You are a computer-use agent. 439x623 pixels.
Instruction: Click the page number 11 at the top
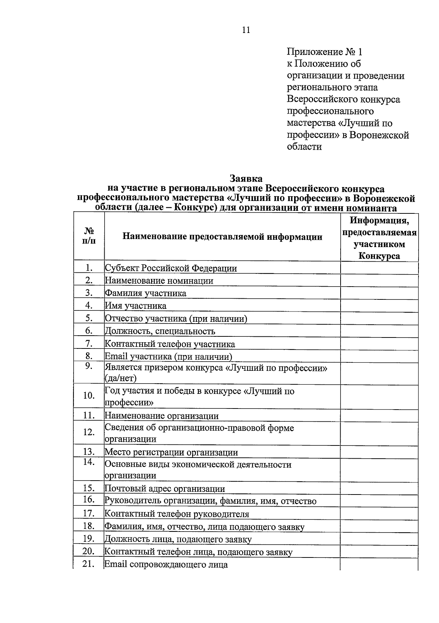pos(246,30)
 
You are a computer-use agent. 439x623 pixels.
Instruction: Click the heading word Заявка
pos(246,179)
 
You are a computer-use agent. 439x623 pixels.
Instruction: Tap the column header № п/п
pos(89,236)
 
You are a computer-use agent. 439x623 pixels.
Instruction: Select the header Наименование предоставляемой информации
pos(222,237)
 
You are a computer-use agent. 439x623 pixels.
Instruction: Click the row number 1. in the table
pos(89,268)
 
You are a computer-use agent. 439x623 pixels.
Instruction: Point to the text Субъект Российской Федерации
pos(171,268)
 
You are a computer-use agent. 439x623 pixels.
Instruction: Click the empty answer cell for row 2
pos(379,281)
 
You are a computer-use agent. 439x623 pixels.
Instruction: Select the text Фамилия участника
pos(146,293)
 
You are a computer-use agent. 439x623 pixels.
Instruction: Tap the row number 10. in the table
pos(89,396)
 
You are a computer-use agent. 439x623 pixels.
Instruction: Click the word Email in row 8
pos(116,356)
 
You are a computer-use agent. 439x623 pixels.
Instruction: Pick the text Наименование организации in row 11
pos(162,416)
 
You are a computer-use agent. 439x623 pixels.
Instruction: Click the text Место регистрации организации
pos(171,452)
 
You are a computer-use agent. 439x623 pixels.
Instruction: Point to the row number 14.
pos(89,462)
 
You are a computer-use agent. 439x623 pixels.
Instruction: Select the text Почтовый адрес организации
pos(165,489)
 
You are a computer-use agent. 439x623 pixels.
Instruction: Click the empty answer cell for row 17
pos(379,514)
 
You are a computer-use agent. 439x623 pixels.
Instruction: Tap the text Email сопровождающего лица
pos(166,564)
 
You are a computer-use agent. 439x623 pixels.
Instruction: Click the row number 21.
pos(89,564)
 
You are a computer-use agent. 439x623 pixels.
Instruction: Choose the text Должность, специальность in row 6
pos(160,331)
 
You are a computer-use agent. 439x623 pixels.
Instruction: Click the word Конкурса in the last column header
pos(379,256)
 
